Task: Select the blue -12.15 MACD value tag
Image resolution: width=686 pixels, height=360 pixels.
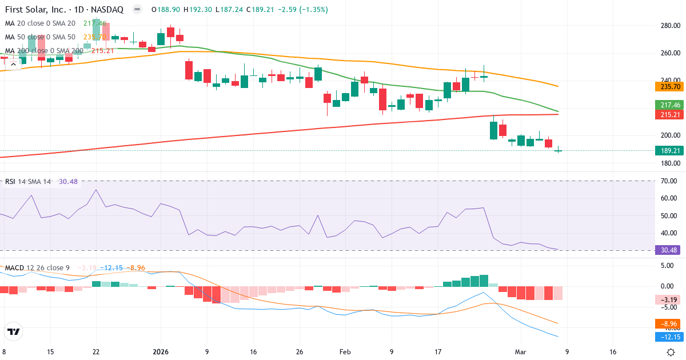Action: coord(666,337)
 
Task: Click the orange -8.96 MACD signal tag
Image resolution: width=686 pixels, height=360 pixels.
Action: coord(666,323)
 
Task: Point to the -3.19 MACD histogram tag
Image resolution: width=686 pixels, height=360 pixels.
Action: coord(666,300)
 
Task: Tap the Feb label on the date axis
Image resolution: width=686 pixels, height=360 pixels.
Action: coord(345,352)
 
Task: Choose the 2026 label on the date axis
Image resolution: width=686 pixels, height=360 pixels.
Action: coord(160,352)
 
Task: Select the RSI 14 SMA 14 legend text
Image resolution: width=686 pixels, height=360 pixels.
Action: coord(28,182)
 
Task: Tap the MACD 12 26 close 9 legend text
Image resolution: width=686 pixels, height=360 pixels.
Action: coord(38,268)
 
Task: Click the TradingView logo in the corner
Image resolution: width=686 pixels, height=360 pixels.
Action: coord(14,331)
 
